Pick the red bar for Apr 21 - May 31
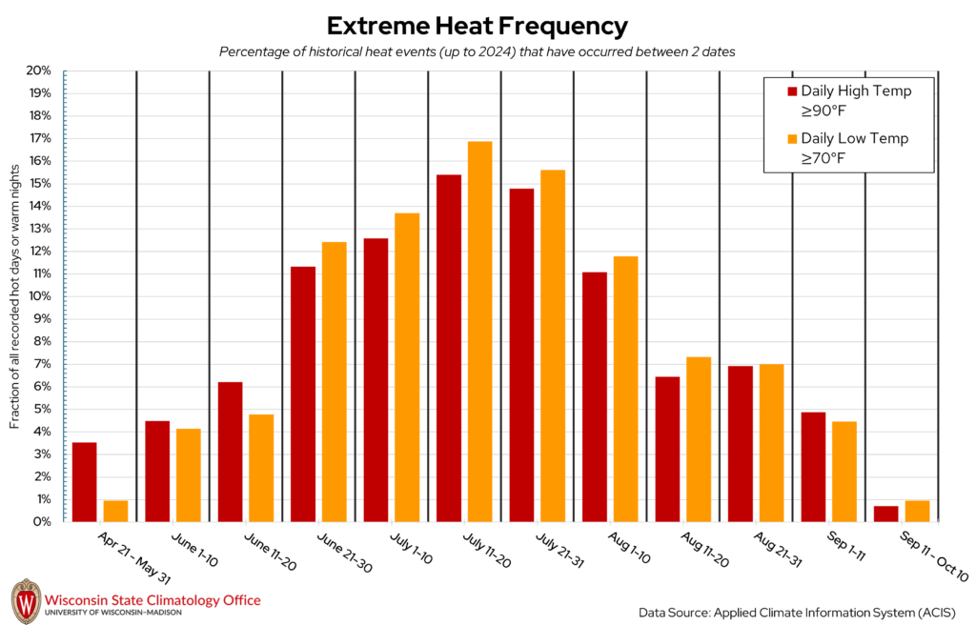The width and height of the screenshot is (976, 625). [84, 482]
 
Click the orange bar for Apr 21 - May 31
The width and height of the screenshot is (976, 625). [115, 511]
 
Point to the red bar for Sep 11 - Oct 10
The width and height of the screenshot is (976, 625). [885, 514]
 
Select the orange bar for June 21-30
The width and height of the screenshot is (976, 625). [334, 382]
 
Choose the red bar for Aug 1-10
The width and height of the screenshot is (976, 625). [595, 396]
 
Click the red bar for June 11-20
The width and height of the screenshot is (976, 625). [230, 452]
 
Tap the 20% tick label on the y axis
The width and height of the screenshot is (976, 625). [38, 71]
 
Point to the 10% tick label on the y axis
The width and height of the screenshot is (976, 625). [38, 296]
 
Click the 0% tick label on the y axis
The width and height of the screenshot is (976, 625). [41, 522]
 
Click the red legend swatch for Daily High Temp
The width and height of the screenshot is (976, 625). [791, 91]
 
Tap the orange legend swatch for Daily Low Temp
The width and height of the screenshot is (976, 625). [791, 139]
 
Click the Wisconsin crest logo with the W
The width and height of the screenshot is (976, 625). [26, 601]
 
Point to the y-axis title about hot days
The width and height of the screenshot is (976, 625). [16, 295]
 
